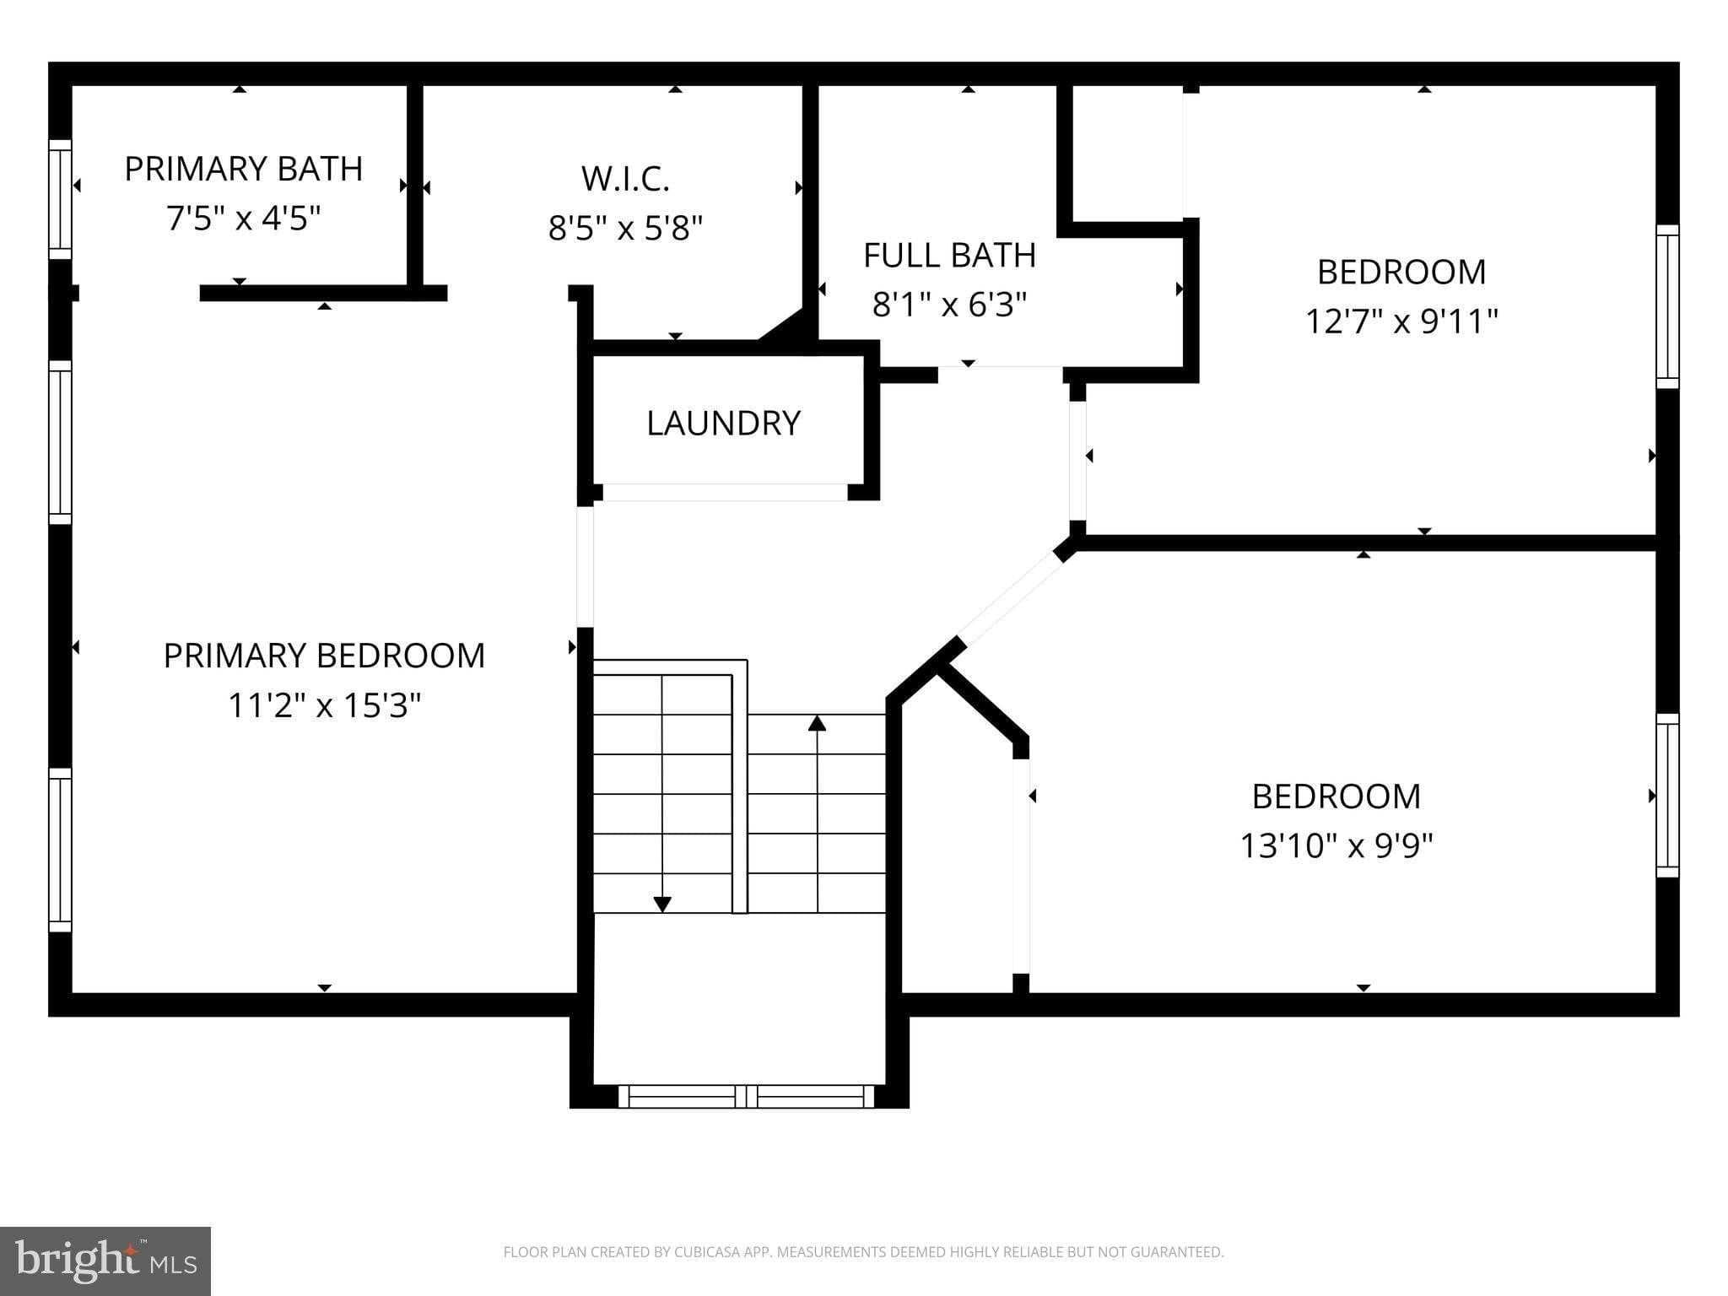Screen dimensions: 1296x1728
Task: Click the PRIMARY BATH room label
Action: [243, 169]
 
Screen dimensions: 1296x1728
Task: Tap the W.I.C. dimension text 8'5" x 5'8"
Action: [625, 228]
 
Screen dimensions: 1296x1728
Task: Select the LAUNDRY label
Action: [723, 423]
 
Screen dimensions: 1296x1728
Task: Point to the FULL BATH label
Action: [949, 255]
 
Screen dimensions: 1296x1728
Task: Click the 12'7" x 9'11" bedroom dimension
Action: [1401, 321]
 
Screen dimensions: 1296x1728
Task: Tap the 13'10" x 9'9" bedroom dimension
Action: [1336, 845]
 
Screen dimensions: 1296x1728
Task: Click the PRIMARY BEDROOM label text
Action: [324, 656]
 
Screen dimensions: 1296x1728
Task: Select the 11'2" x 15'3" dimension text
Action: [324, 705]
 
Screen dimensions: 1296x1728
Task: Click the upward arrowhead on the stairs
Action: [817, 723]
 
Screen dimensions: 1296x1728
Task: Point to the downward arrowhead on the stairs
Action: [662, 904]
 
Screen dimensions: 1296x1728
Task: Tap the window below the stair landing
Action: [746, 1096]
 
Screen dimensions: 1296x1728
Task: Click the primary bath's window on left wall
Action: [60, 199]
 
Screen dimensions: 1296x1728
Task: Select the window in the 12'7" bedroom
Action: [1667, 306]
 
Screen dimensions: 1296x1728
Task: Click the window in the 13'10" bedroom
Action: [1667, 795]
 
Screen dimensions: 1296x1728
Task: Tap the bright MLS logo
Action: [105, 1261]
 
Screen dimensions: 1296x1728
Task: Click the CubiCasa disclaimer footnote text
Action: [863, 1252]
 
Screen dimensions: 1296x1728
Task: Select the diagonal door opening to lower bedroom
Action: [1011, 598]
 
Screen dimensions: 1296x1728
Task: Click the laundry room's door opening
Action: [724, 492]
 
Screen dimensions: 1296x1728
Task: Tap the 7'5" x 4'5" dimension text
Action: [243, 219]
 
